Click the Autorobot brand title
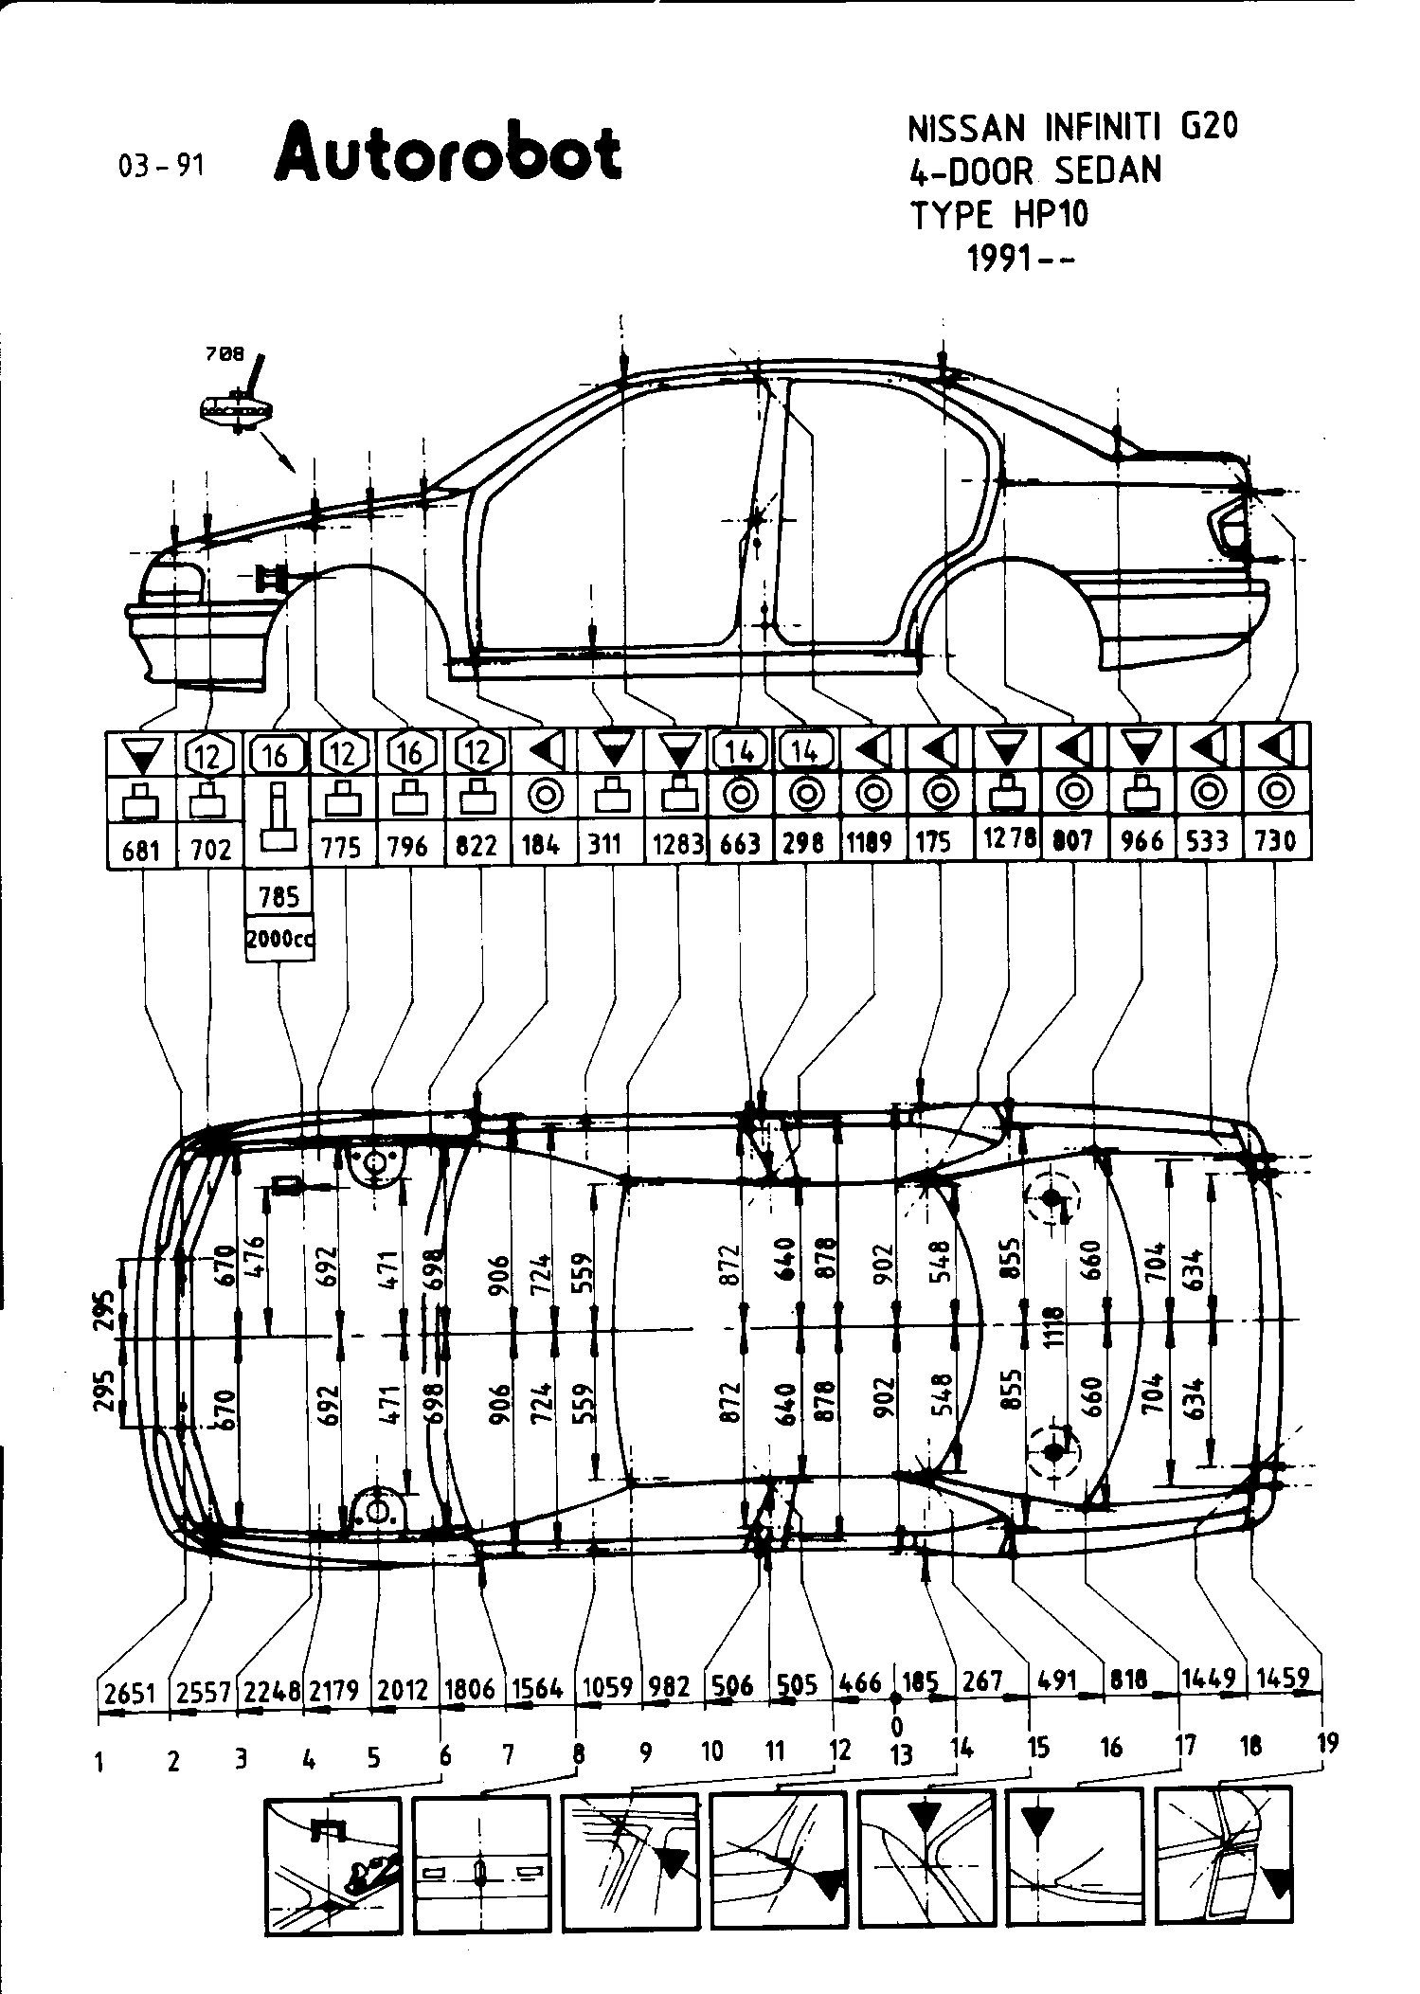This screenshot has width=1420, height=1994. (448, 153)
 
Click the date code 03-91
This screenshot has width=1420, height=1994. (161, 167)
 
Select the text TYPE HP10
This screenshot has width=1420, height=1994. (1000, 215)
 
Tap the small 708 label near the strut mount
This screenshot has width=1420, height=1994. (225, 354)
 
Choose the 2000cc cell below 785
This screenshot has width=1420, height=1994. (279, 940)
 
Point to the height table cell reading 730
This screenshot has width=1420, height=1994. (1275, 840)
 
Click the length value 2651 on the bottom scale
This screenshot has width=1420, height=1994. (130, 1692)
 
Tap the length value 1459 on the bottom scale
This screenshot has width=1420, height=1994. (1283, 1679)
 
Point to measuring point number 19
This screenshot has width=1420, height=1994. (1328, 1741)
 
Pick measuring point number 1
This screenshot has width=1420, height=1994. (99, 1762)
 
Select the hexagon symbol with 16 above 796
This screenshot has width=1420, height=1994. (410, 753)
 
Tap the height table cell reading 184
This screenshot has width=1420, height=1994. (541, 844)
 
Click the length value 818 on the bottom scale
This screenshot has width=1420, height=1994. (1127, 1680)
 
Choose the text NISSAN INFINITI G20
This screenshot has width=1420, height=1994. (1073, 127)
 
